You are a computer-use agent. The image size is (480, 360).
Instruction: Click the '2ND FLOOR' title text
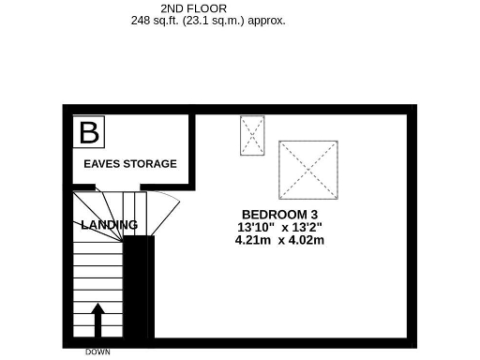(x=200, y=7)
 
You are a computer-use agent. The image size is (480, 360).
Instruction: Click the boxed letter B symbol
(x=89, y=132)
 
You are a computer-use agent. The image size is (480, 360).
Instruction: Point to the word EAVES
(x=100, y=164)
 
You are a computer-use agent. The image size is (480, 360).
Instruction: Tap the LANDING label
(x=109, y=225)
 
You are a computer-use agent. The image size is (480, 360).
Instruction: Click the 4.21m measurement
(x=253, y=240)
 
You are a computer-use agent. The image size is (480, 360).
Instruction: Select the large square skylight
(x=307, y=170)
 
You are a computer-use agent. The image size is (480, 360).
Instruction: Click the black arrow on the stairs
(x=97, y=318)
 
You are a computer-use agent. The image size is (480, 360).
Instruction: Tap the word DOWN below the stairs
(x=97, y=352)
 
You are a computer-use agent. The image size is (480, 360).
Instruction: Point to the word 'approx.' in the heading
(x=267, y=20)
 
